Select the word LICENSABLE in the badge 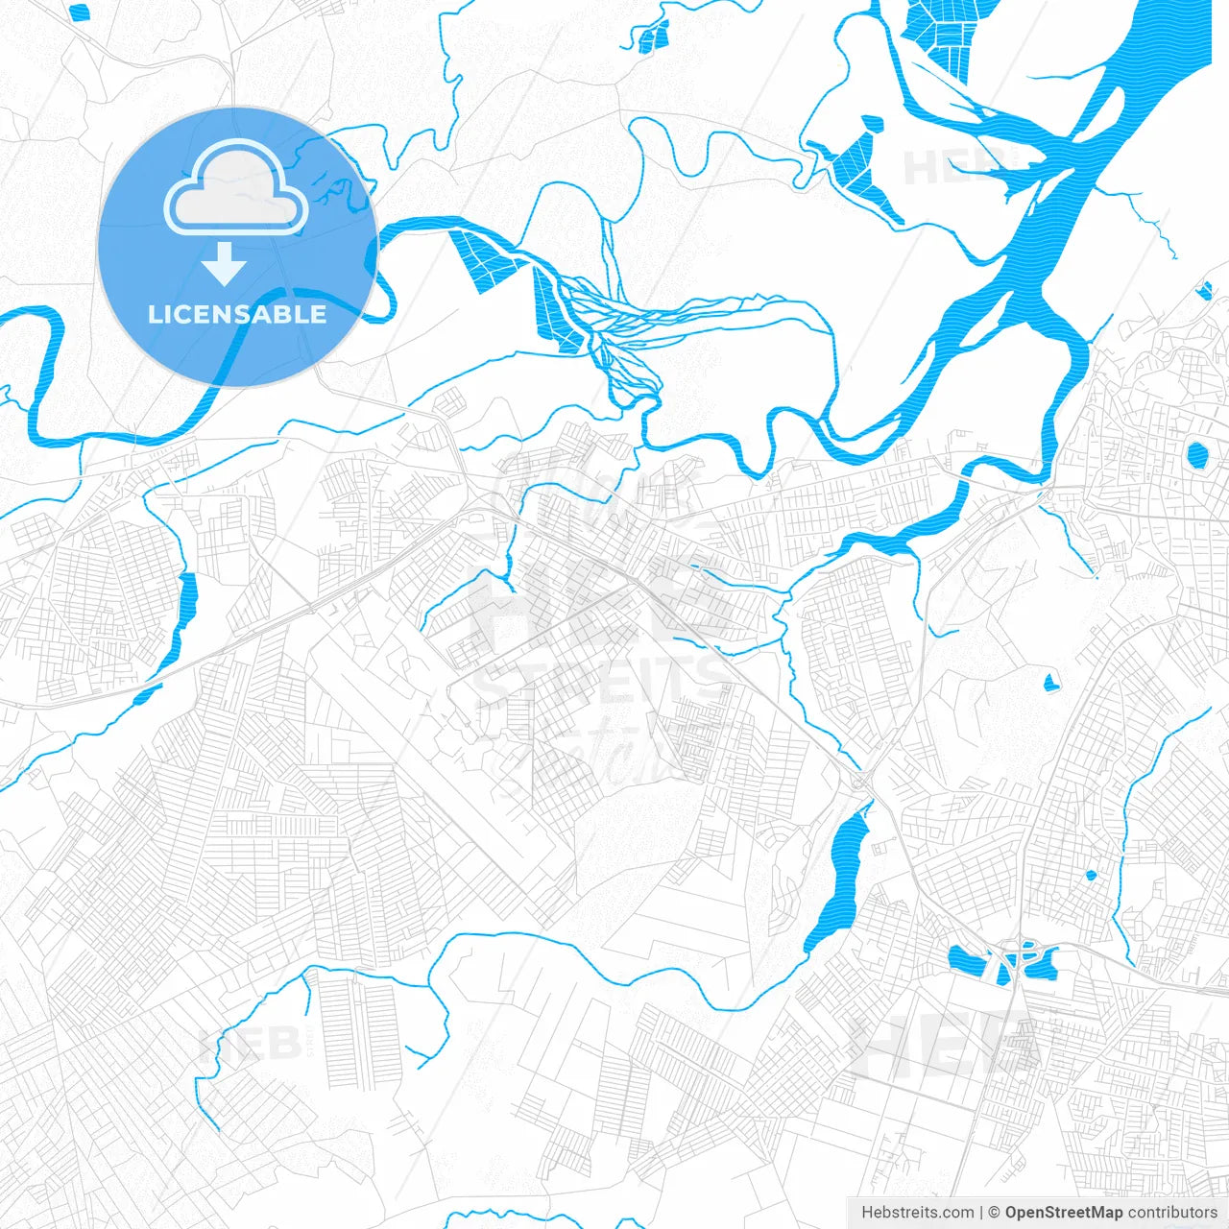click(x=237, y=314)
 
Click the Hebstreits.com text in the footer click(x=917, y=1213)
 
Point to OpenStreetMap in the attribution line click(x=1063, y=1213)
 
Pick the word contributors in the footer click(x=1172, y=1213)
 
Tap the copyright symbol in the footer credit click(x=995, y=1213)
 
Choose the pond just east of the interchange click(x=1044, y=963)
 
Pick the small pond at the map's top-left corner click(x=80, y=12)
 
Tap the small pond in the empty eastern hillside click(x=1050, y=684)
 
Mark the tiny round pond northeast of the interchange click(x=1091, y=875)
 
